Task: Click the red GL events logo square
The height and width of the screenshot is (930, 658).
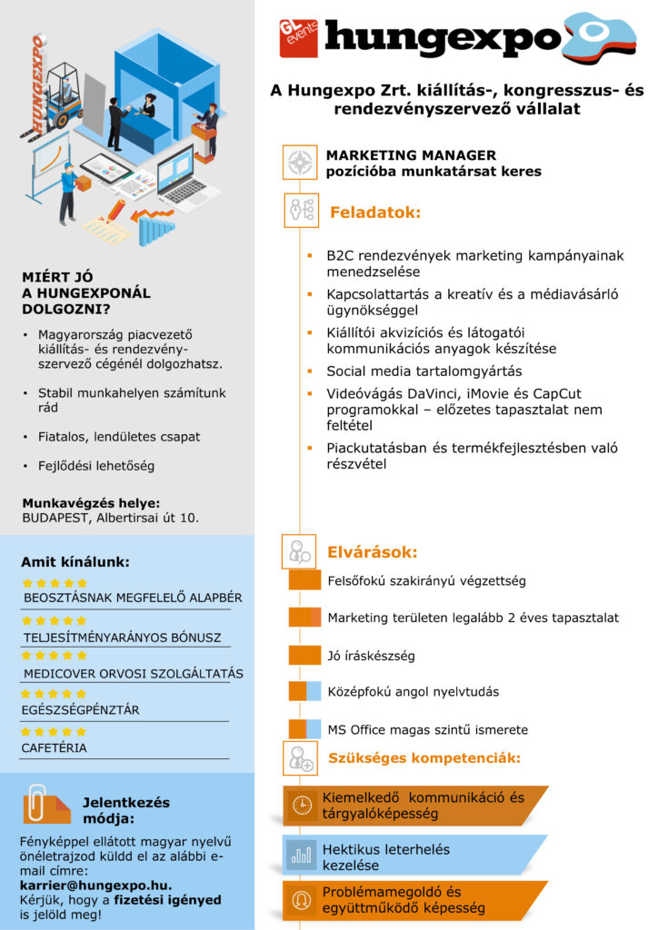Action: pyautogui.click(x=299, y=38)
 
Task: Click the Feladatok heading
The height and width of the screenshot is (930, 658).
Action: pyautogui.click(x=375, y=213)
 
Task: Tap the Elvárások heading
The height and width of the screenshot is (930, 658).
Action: pyautogui.click(x=373, y=551)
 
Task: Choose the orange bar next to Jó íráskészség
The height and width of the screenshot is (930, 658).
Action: pyautogui.click(x=304, y=655)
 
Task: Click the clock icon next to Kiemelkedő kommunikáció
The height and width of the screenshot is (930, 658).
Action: pyautogui.click(x=300, y=805)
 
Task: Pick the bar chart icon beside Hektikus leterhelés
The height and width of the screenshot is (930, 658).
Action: pyautogui.click(x=300, y=856)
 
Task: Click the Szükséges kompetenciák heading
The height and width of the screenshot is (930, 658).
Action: pyautogui.click(x=424, y=757)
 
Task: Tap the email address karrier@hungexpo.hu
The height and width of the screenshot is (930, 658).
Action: pyautogui.click(x=95, y=885)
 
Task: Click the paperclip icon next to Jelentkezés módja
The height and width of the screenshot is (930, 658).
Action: pyautogui.click(x=38, y=803)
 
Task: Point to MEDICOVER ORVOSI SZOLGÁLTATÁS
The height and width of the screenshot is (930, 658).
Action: pyautogui.click(x=133, y=674)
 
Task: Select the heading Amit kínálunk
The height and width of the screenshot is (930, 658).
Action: pyautogui.click(x=75, y=561)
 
